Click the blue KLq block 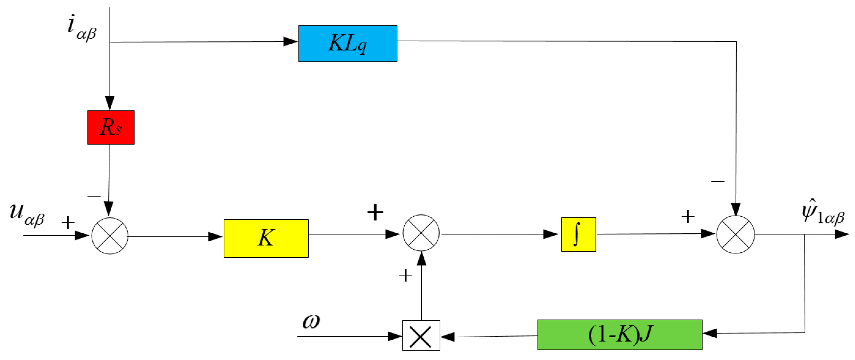tap(347, 43)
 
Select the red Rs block tap(111, 127)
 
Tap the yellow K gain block tap(266, 238)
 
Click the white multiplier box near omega tap(421, 335)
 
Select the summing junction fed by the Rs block tap(110, 236)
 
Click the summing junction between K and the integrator tap(421, 233)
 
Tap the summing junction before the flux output tap(735, 234)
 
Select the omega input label tap(311, 321)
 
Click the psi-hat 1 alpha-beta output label tap(823, 213)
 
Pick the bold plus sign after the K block tap(375, 212)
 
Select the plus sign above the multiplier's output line tap(405, 275)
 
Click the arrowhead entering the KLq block tap(291, 42)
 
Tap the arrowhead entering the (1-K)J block tap(710, 333)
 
